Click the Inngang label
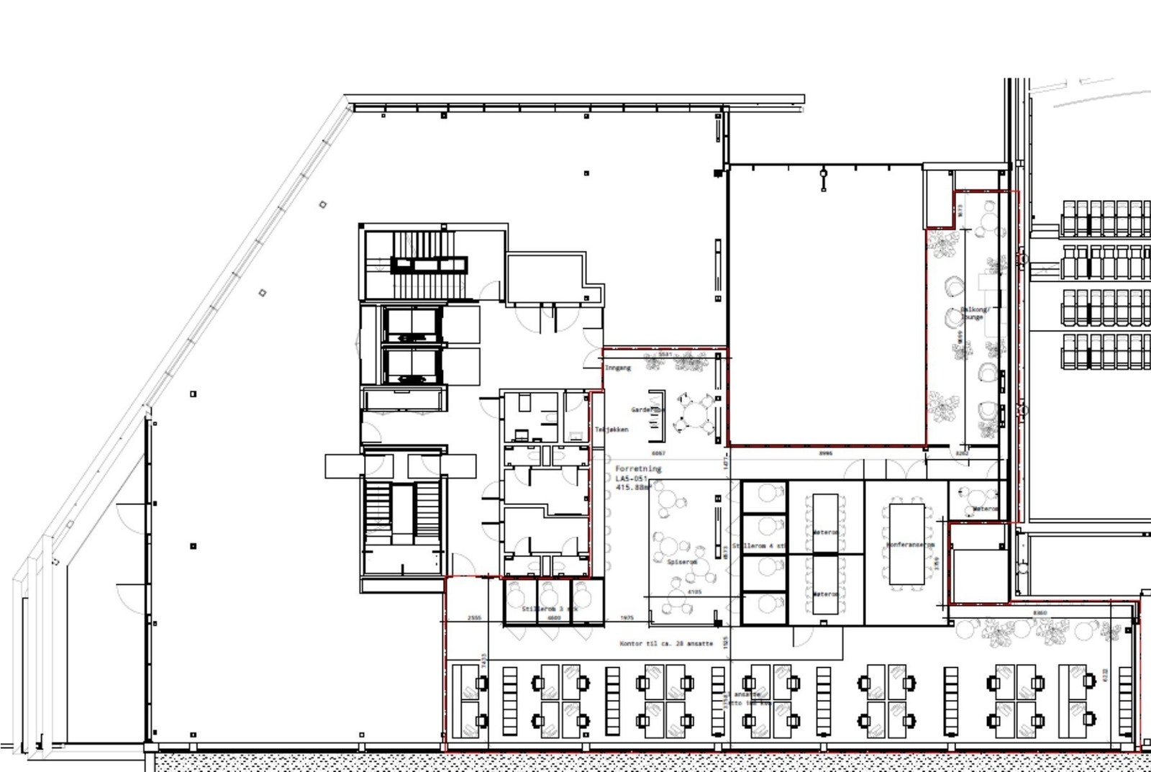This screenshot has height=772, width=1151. click(617, 368)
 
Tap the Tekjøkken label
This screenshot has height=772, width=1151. click(611, 430)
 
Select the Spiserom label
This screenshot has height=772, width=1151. click(681, 562)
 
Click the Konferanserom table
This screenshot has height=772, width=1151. click(907, 544)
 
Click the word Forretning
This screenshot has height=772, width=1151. click(637, 468)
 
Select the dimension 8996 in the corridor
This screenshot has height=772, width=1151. click(825, 454)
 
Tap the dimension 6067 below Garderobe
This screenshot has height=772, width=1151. click(658, 454)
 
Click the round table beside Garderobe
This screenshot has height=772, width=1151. click(696, 416)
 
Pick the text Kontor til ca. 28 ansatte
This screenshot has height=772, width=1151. click(666, 643)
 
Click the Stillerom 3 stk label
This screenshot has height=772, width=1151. click(549, 609)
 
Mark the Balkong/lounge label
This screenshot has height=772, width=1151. click(975, 313)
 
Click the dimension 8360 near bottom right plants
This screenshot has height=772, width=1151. click(1039, 613)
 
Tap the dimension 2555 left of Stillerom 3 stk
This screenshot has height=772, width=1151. click(474, 618)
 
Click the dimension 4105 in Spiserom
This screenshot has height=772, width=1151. click(694, 592)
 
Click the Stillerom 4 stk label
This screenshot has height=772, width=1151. click(758, 547)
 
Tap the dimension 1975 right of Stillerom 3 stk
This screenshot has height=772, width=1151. click(627, 618)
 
